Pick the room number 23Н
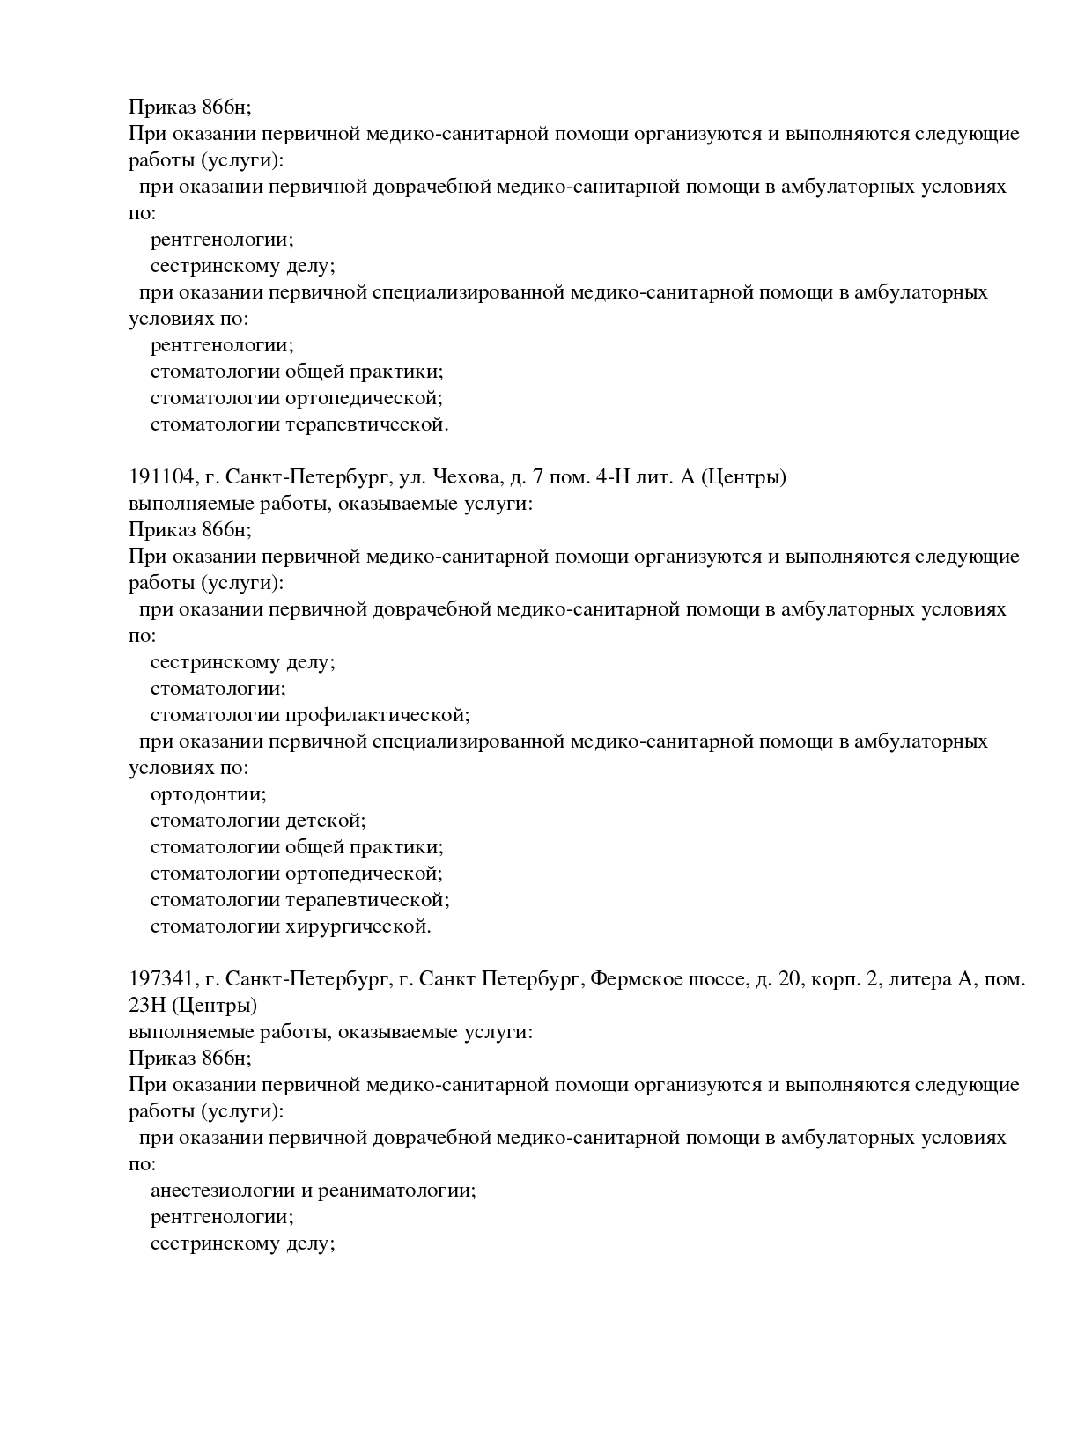145,1006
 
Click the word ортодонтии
208,794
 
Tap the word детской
325,821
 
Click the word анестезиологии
222,1191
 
